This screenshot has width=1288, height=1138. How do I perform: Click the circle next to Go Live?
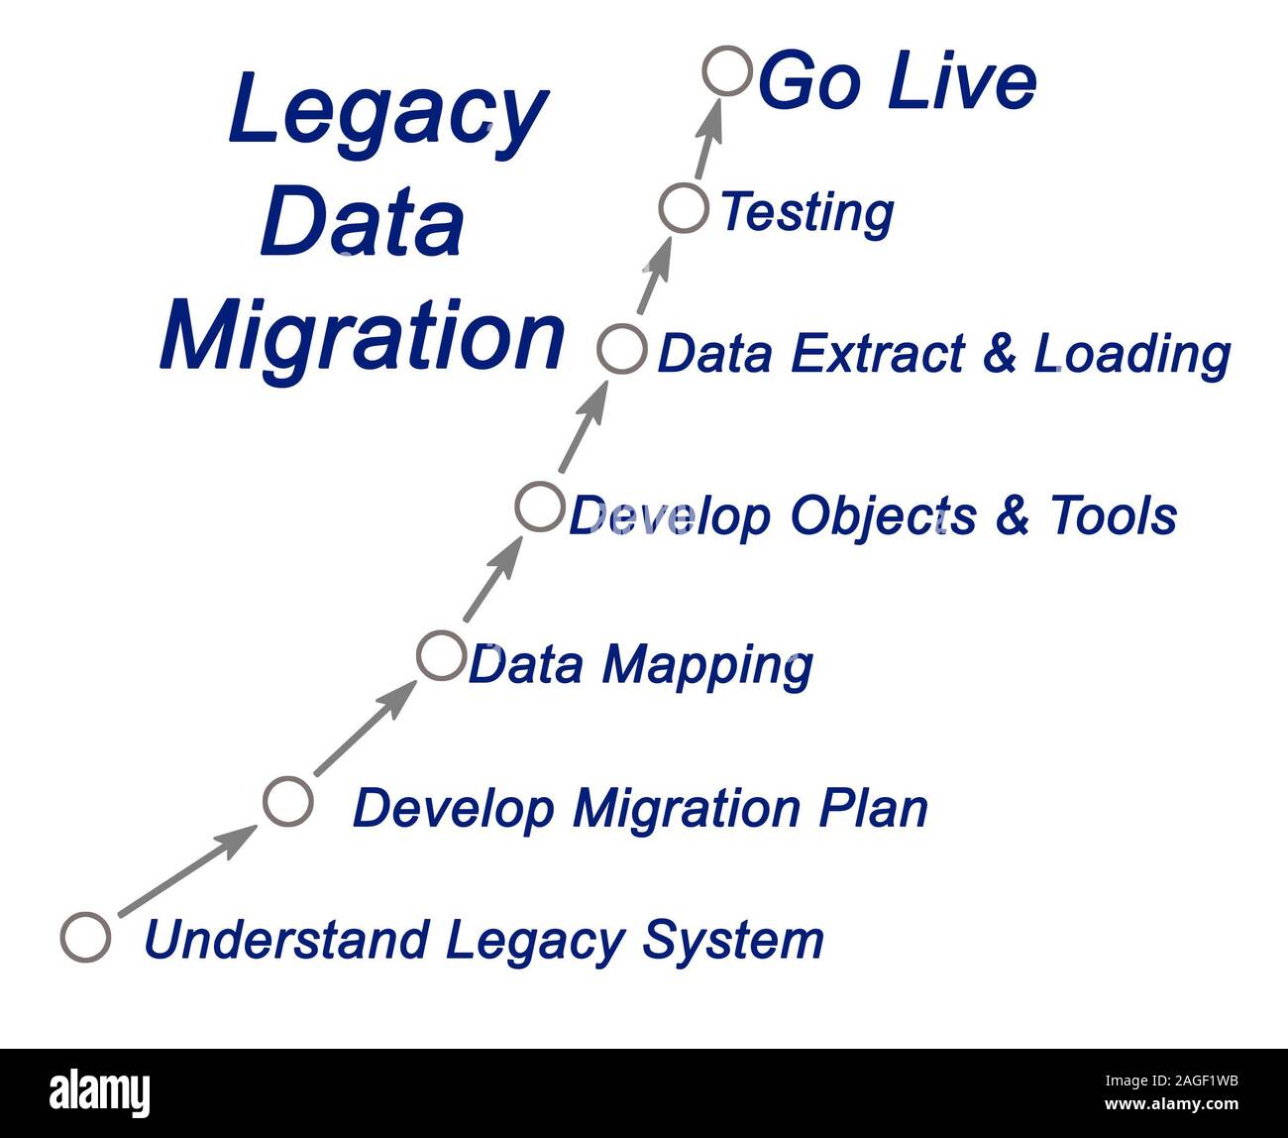click(727, 71)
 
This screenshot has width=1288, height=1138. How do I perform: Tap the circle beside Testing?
click(685, 209)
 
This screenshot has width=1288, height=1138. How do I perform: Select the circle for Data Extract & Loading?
click(622, 349)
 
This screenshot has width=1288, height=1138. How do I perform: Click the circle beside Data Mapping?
click(441, 655)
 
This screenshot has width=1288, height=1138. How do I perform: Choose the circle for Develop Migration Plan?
click(288, 801)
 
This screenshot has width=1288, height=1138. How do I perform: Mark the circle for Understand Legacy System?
click(86, 937)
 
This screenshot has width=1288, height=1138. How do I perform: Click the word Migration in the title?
click(362, 336)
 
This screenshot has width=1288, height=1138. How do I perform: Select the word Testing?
click(806, 212)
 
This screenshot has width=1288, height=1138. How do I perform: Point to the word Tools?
click(1113, 515)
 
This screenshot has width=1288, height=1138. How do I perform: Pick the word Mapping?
click(707, 665)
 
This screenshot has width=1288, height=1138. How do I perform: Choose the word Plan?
click(873, 808)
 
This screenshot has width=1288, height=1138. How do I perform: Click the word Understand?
click(286, 939)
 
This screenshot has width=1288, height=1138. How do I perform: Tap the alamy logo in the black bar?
click(100, 1093)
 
